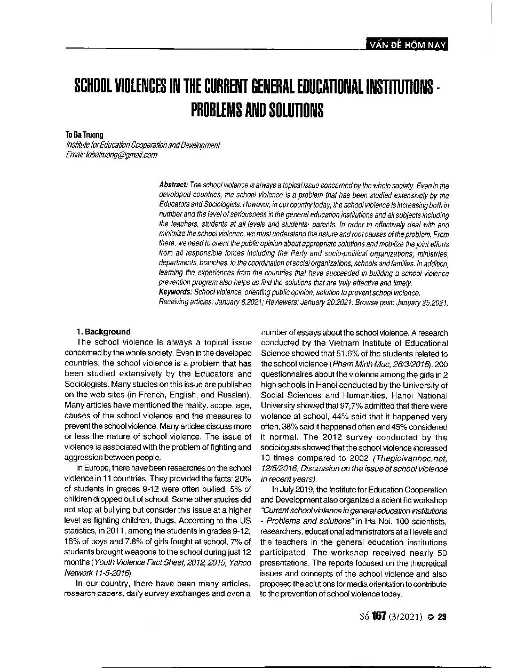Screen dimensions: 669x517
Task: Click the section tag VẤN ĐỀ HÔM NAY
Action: coord(407,45)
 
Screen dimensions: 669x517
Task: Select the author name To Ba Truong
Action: coord(84,136)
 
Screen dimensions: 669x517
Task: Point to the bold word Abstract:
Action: coord(173,185)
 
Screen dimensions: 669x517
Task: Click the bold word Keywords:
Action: coord(176,293)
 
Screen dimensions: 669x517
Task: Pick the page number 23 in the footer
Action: coord(441,617)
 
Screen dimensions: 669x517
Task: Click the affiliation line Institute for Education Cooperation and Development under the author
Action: coord(142,145)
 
